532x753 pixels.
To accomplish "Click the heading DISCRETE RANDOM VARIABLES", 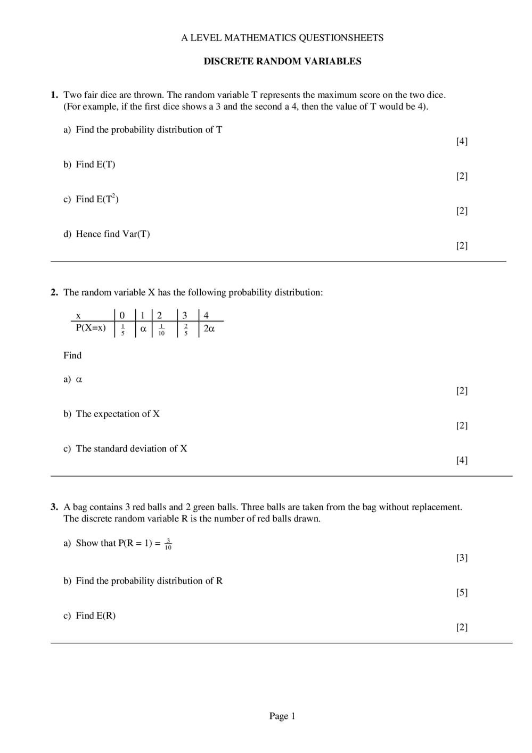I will click(x=282, y=61).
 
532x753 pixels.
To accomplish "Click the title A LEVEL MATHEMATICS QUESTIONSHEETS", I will click(x=282, y=38).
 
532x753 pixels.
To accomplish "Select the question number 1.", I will click(x=54, y=95).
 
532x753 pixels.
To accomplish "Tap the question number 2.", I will click(x=54, y=292).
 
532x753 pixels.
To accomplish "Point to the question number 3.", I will click(x=54, y=507).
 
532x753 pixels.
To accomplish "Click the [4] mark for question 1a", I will click(x=462, y=141).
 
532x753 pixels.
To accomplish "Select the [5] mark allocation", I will click(x=462, y=592).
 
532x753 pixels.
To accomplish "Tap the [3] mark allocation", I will click(x=462, y=558).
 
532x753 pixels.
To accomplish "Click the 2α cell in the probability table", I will click(x=209, y=329).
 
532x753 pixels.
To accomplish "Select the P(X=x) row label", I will click(x=91, y=328).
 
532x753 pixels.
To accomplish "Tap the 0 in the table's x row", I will click(x=122, y=316).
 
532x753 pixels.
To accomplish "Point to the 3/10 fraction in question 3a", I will click(x=168, y=544).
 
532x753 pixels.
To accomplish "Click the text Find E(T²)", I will click(x=97, y=199).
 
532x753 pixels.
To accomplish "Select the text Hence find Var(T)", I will click(x=112, y=234).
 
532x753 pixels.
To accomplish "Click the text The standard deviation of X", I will click(x=131, y=448).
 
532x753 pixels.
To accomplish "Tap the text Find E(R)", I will click(x=95, y=616).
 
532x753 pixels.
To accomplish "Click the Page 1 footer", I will click(x=282, y=716).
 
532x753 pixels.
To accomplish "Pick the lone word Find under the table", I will click(x=72, y=355).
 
